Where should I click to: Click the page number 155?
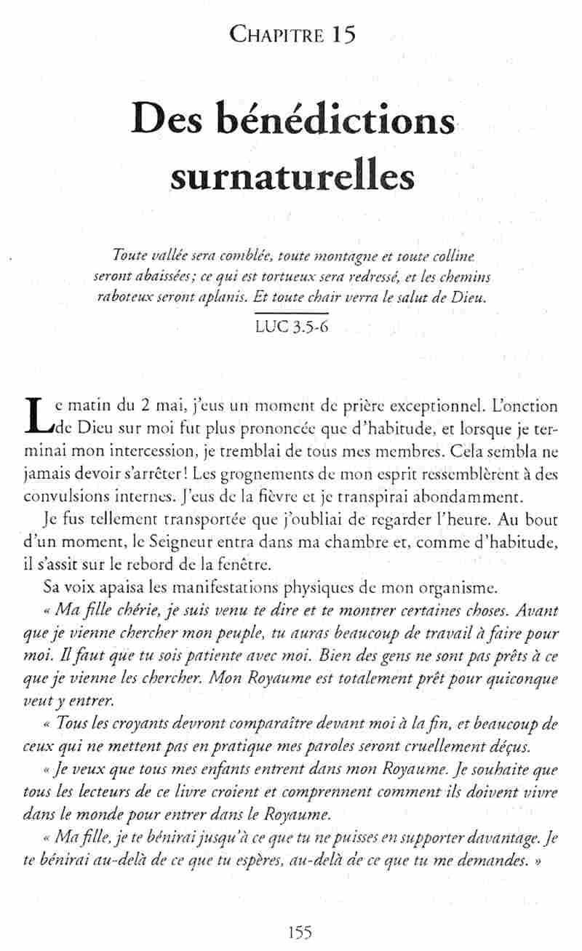coord(300,933)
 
